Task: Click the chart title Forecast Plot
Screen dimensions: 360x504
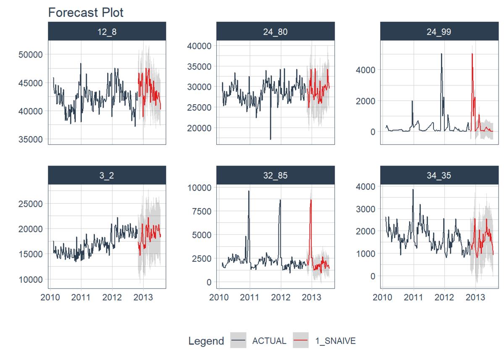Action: point(86,12)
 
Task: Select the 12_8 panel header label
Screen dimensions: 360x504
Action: point(107,32)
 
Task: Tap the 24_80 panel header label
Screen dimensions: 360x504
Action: point(275,32)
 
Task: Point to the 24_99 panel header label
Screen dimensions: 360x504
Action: point(439,32)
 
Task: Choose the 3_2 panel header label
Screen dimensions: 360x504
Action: point(107,175)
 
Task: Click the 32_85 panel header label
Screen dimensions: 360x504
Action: point(275,175)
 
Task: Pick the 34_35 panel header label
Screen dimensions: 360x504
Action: point(439,175)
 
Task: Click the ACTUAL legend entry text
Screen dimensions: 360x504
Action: point(269,341)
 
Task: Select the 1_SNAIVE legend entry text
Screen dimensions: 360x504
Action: point(336,341)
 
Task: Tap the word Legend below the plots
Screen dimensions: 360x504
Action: point(206,341)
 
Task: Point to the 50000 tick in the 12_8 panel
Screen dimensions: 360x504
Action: point(32,54)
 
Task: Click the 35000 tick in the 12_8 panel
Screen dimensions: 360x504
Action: point(32,139)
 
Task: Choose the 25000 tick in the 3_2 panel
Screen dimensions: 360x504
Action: point(32,204)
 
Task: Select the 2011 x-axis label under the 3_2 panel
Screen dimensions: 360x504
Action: point(81,297)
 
